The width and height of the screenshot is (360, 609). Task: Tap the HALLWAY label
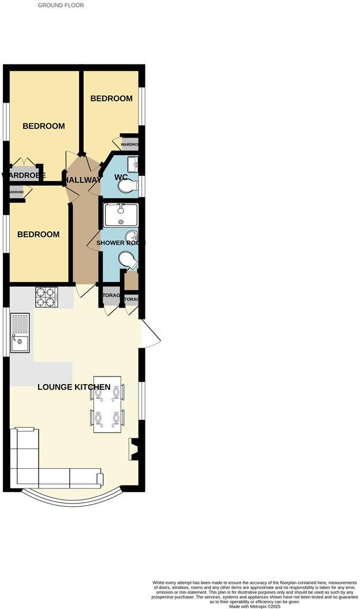[x=82, y=180]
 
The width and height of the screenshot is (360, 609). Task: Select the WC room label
[x=121, y=177]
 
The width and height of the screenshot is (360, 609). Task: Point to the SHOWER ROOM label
[x=121, y=243]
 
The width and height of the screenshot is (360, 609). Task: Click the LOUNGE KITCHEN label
[x=74, y=387]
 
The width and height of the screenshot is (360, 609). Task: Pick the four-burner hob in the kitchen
[x=46, y=296]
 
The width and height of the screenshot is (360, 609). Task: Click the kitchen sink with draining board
[x=19, y=333]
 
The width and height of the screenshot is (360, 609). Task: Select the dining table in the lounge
[x=108, y=404]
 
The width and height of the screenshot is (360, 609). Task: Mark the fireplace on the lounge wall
[x=134, y=449]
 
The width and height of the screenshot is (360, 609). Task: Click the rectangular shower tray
[x=121, y=215]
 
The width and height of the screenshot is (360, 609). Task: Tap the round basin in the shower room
[x=132, y=236]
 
